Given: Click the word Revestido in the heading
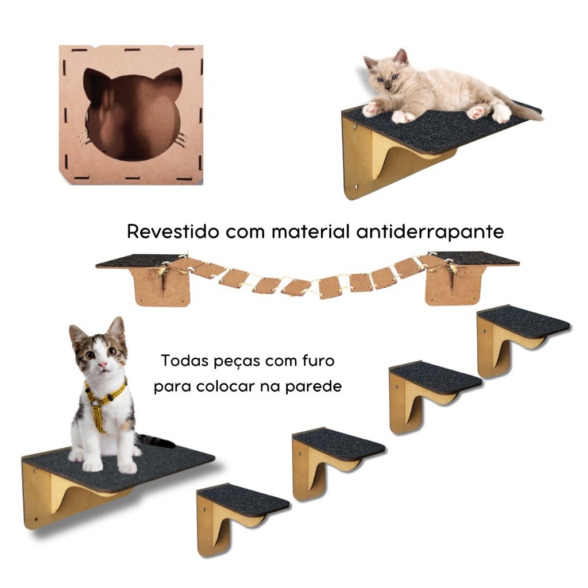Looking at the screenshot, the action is (173, 231).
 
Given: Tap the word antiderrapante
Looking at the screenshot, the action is (430, 232).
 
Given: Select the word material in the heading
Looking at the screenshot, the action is (311, 231).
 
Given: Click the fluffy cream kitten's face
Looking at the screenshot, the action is (386, 77).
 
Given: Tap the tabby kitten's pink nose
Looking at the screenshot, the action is (102, 364).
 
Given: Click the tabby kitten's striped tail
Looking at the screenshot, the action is (155, 441).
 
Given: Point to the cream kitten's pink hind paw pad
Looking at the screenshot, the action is (478, 112).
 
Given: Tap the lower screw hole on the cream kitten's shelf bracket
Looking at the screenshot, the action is (356, 186).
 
